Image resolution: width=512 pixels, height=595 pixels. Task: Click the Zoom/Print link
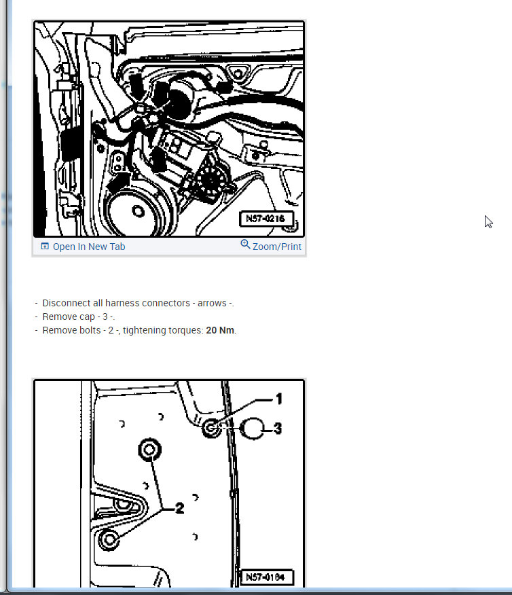click(x=277, y=247)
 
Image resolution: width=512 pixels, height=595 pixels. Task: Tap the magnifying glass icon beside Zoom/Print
click(x=245, y=245)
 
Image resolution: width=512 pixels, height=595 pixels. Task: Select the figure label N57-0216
click(x=266, y=219)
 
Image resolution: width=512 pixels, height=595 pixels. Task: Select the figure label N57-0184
click(x=266, y=577)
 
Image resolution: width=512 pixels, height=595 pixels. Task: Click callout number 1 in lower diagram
click(x=279, y=399)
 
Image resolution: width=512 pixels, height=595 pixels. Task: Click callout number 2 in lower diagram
click(x=179, y=509)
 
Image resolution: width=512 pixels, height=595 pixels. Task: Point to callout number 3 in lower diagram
click(x=278, y=429)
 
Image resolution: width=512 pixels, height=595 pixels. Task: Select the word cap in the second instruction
click(x=88, y=317)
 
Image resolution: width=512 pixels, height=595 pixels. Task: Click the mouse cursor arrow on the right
click(x=488, y=221)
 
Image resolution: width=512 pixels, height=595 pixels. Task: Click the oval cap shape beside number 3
click(x=252, y=429)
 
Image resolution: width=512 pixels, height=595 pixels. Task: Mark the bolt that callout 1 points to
click(x=211, y=428)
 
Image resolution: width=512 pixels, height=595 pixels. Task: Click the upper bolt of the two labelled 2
click(x=150, y=450)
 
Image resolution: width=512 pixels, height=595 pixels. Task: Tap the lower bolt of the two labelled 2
click(x=109, y=539)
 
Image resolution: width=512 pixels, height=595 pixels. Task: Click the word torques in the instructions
click(x=188, y=331)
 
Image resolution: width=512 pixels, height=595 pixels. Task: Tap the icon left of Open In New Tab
click(x=45, y=247)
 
